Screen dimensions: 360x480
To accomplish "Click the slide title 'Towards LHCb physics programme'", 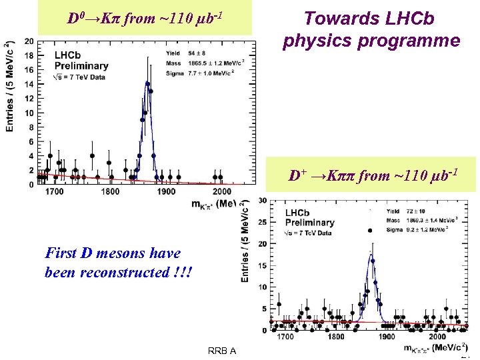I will pos(371,29).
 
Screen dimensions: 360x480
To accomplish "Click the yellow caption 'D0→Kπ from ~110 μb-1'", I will pos(145,18).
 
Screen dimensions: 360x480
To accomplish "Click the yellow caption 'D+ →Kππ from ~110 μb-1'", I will pos(373,176).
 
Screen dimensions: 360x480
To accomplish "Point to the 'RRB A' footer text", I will pos(222,351).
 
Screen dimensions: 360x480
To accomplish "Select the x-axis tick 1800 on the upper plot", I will pos(110,192).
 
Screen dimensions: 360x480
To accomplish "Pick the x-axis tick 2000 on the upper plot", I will pos(222,192).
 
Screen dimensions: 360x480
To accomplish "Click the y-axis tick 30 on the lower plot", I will pos(263,201).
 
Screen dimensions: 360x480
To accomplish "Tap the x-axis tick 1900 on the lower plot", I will pos(387,337).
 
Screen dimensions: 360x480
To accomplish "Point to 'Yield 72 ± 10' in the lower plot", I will pos(409,211).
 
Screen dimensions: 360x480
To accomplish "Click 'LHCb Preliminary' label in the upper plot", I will pos(81,61).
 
